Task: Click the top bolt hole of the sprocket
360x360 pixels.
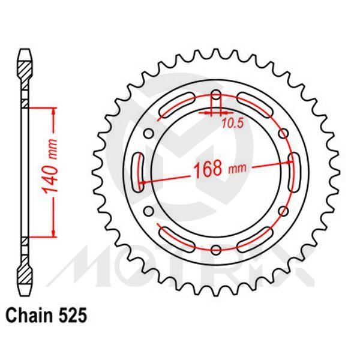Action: [x=216, y=93]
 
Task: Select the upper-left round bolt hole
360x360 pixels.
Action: [x=150, y=131]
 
